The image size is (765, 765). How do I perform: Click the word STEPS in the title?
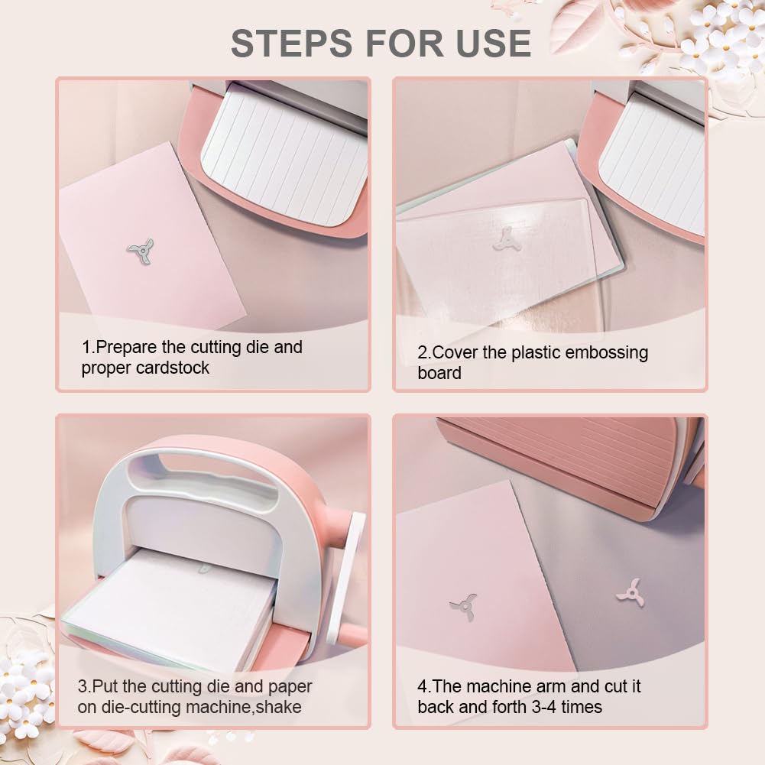click(291, 43)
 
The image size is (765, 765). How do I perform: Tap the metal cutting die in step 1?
click(141, 251)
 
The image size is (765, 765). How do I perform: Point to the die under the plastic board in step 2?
click(506, 239)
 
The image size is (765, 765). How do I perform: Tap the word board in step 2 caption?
click(439, 373)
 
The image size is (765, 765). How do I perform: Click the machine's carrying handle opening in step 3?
click(200, 469)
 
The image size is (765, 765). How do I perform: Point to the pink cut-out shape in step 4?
click(630, 594)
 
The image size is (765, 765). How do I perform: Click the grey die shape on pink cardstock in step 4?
click(463, 607)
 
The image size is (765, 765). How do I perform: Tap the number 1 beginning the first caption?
click(86, 348)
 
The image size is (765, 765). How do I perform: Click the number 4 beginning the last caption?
click(422, 686)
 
